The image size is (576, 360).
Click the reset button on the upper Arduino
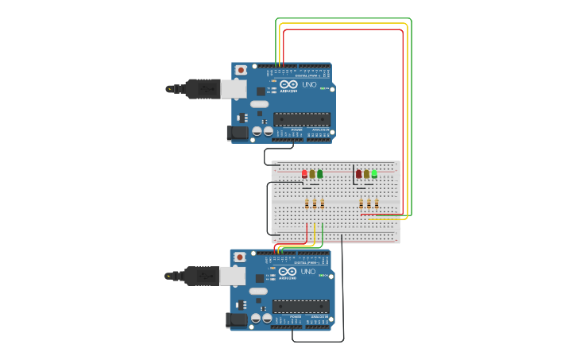(241, 70)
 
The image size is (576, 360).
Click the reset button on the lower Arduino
(239, 257)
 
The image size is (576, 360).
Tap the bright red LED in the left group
(304, 173)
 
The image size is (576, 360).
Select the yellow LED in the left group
(312, 173)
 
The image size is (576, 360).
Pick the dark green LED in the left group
(320, 173)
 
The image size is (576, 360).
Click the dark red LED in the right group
(358, 173)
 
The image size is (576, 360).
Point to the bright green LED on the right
(374, 172)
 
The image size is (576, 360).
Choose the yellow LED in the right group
(366, 173)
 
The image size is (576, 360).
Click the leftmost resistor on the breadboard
(307, 203)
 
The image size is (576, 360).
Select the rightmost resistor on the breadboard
(376, 203)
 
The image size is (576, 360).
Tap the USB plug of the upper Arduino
(203, 88)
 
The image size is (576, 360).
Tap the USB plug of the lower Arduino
(202, 275)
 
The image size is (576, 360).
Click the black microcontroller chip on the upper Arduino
(302, 119)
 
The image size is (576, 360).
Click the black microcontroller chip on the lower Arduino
(300, 306)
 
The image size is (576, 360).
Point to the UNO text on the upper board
(310, 84)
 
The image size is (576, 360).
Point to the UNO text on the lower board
(308, 271)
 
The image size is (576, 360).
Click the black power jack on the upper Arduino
(238, 133)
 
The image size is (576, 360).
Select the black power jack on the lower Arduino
(236, 319)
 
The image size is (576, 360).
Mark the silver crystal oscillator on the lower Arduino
(259, 291)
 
